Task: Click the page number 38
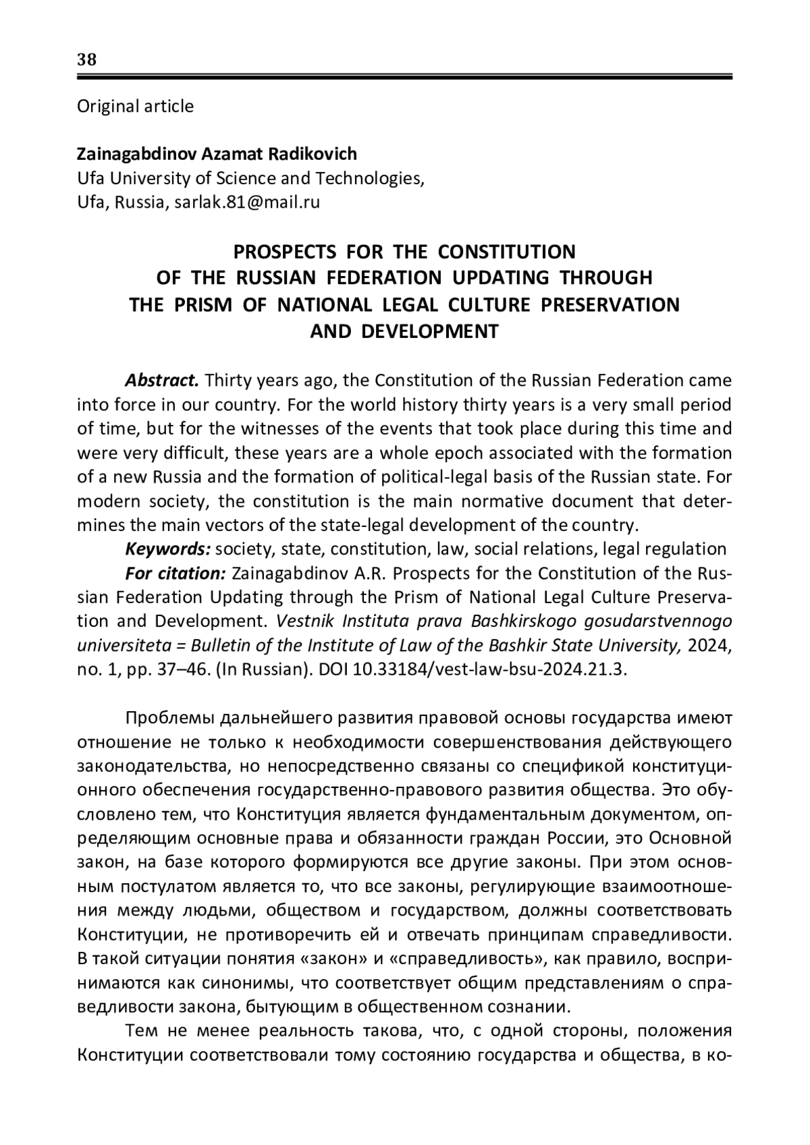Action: coord(87,59)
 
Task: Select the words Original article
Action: coord(135,106)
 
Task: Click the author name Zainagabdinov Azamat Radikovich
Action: coord(217,154)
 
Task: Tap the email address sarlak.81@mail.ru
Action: coord(247,202)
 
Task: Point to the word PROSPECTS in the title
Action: coord(284,252)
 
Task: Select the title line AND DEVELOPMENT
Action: coord(404,331)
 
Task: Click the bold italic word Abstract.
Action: coord(161,380)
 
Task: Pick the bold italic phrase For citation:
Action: coord(175,573)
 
